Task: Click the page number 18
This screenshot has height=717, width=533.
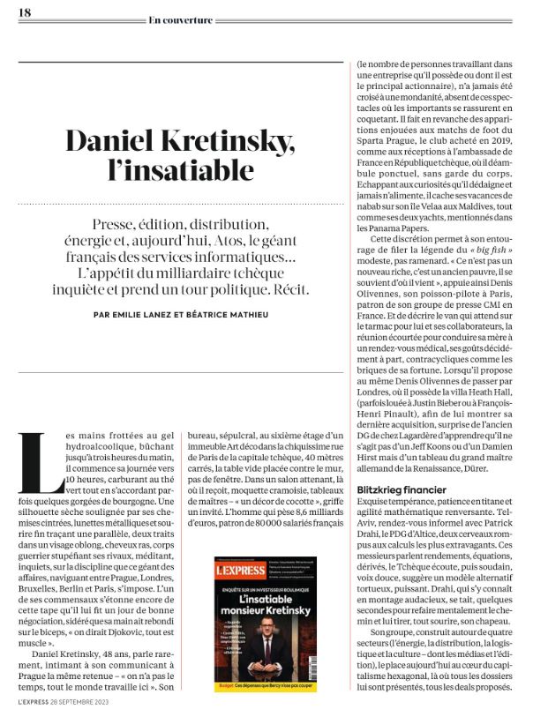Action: pyautogui.click(x=25, y=12)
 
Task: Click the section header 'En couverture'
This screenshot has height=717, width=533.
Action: pyautogui.click(x=181, y=19)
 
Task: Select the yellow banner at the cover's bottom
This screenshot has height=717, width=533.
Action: pyautogui.click(x=266, y=686)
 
